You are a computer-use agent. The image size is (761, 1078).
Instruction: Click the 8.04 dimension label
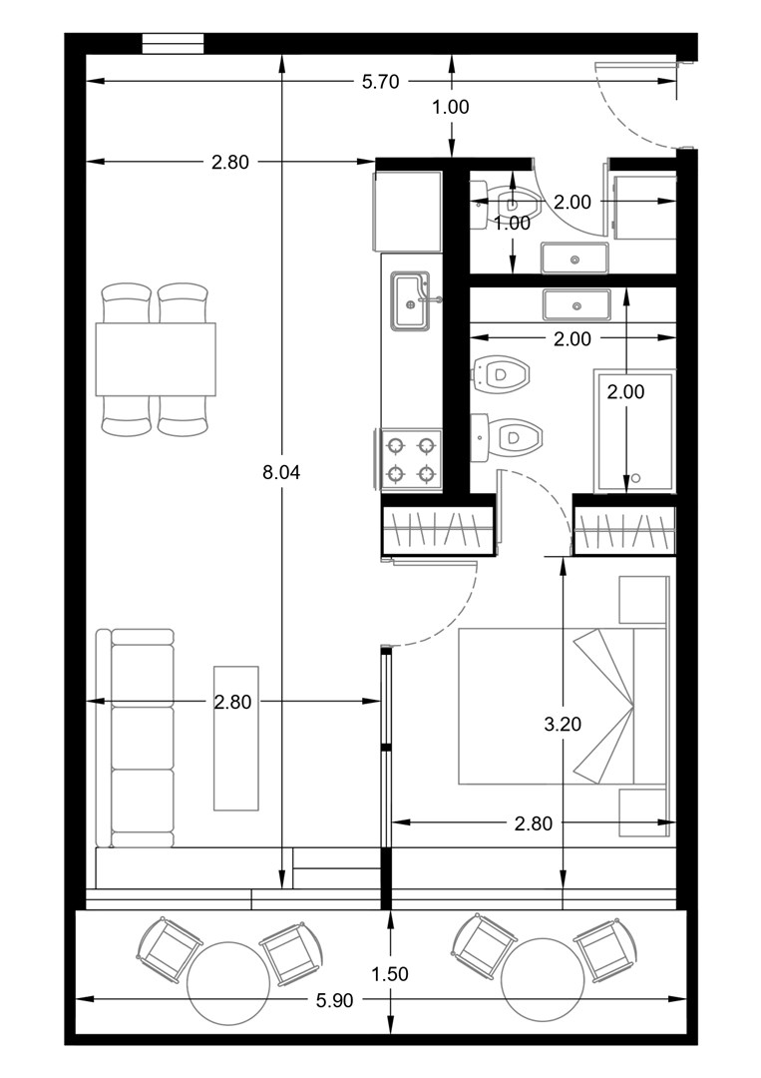pos(281,472)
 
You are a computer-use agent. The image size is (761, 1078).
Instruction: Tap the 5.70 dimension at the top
pos(381,82)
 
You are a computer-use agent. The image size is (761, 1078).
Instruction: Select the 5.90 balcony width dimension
pos(334,1000)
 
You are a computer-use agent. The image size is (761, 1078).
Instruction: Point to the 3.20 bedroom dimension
pos(563,724)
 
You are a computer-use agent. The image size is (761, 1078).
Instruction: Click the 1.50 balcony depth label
pos(390,974)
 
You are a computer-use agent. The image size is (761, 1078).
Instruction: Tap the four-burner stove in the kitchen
pos(411,459)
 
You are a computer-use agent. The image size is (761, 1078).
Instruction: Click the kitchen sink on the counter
pos(411,300)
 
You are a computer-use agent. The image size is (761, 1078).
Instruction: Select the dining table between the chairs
pos(156,359)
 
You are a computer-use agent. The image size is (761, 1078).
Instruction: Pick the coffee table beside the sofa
pos(236,738)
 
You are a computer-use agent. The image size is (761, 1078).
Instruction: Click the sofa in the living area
pos(135,738)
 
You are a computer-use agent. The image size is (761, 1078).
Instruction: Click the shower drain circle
pos(635,478)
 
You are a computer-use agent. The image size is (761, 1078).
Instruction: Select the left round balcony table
pos(228,983)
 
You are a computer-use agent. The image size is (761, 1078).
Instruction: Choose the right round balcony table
pos(544,981)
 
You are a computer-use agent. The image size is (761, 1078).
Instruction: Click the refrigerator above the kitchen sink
pos(407,212)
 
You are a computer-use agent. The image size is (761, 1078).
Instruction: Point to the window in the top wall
pos(174,43)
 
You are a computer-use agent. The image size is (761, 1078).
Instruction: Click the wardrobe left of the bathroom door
pos(438,530)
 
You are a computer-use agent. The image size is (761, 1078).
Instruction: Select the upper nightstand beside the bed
pos(644,600)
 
